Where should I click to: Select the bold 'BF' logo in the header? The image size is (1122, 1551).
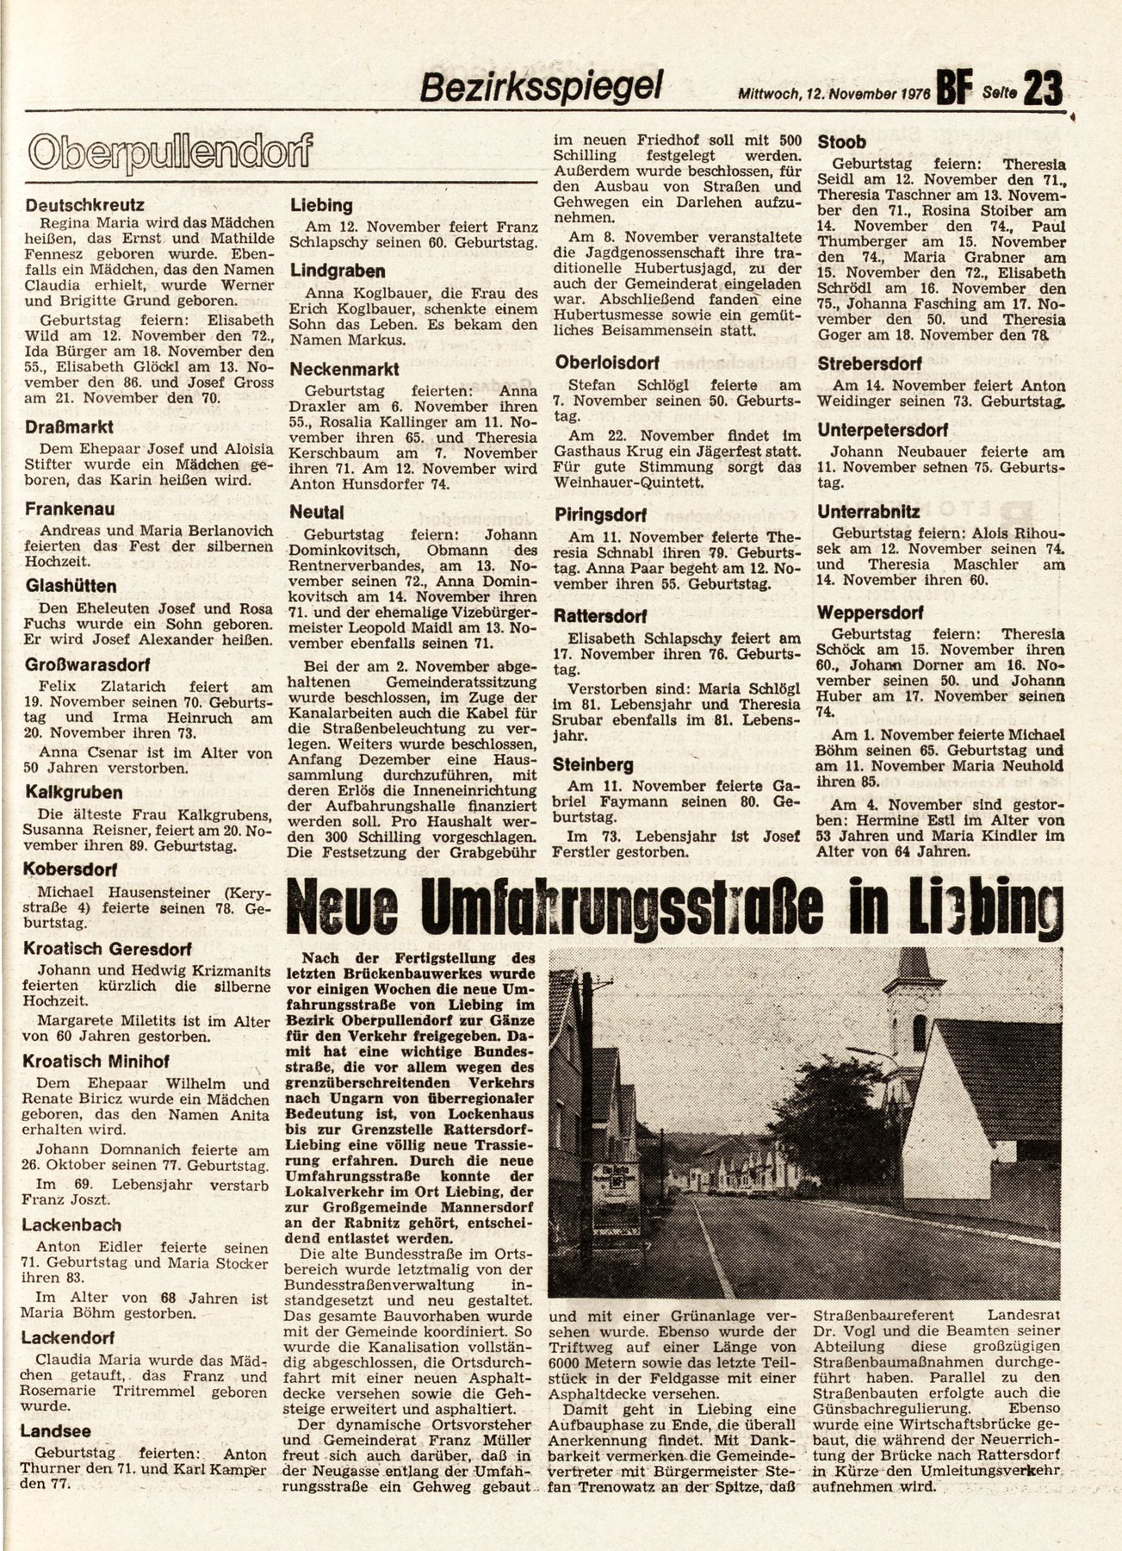point(955,87)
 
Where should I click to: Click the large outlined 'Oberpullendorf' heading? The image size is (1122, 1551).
point(169,153)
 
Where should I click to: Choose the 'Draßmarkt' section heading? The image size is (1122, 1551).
point(71,427)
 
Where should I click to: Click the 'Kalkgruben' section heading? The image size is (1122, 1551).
point(74,792)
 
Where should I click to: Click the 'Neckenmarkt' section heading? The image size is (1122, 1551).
point(344,369)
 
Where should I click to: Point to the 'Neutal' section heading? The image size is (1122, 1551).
point(317,512)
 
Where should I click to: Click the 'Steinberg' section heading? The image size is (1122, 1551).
point(593,764)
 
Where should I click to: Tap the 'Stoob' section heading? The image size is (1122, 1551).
point(842,142)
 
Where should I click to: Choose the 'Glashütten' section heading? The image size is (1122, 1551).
point(71,586)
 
